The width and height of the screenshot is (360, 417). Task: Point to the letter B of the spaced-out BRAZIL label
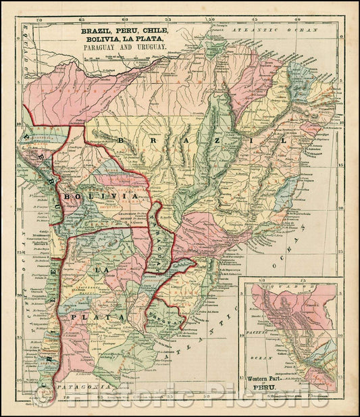(x=122, y=141)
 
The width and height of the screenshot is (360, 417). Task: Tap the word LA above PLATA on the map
(x=101, y=270)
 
